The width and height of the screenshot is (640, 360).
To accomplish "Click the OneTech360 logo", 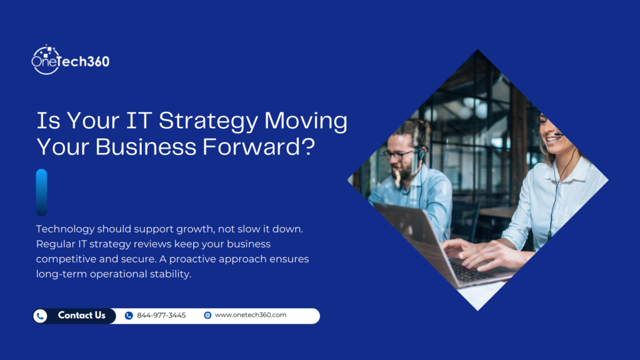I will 70,60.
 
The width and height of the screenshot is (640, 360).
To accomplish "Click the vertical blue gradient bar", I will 41,192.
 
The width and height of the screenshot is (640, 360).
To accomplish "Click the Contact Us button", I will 81,316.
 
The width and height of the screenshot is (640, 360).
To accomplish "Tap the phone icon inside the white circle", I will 41,316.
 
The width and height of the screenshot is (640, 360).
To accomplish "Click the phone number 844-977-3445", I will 161,316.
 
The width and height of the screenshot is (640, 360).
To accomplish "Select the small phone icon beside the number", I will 129,316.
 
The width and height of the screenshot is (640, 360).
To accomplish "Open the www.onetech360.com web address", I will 250,315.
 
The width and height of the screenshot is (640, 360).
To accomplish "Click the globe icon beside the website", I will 207,315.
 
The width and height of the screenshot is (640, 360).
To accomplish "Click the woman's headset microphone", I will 558,135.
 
